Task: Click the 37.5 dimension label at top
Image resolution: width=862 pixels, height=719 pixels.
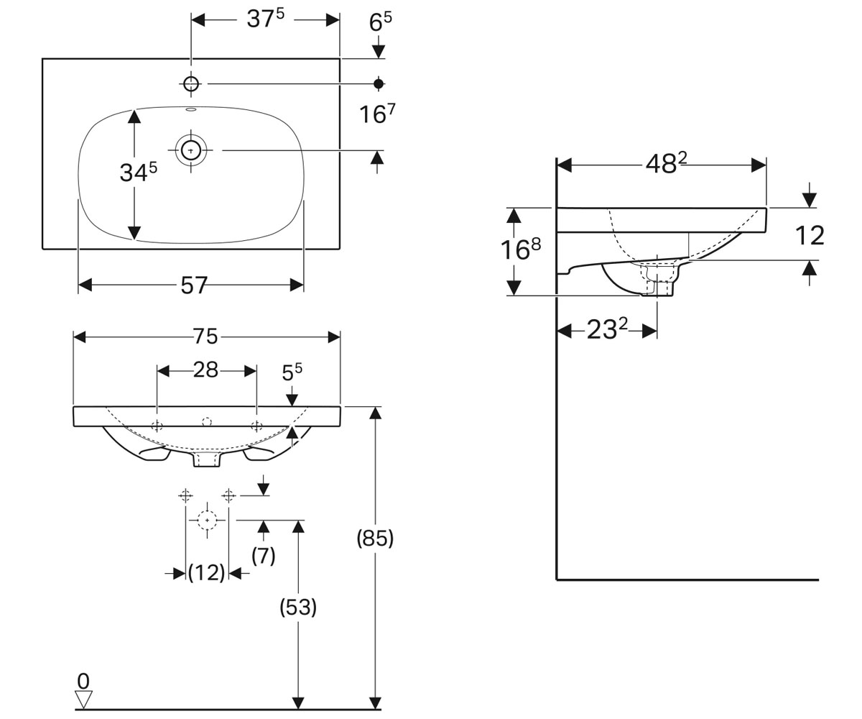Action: pos(266,19)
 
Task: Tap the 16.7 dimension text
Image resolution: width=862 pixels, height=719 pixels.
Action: pos(377,114)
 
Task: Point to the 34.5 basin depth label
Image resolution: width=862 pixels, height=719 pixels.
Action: pos(139,172)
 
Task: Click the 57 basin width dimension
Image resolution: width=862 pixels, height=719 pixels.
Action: pos(194,285)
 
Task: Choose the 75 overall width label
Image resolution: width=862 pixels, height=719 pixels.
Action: pos(205,336)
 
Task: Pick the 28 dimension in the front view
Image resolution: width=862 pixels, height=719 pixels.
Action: pos(205,370)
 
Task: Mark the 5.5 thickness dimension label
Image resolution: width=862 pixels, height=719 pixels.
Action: pos(292,372)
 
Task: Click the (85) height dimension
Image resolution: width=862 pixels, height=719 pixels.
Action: pos(375,539)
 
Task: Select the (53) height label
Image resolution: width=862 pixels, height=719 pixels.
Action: pos(298,608)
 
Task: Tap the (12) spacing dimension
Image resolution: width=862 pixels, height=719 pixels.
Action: pos(206,573)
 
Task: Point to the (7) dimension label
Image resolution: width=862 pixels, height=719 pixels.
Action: pos(264,555)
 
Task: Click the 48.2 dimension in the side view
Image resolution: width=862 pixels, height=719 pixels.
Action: pos(666,164)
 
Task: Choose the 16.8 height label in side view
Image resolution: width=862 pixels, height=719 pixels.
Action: pos(520,249)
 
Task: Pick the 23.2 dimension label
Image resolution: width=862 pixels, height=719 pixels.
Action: pos(607,329)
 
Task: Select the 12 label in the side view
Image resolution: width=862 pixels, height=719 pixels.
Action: pos(810,236)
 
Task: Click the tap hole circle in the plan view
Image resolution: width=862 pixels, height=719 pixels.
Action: pos(191,84)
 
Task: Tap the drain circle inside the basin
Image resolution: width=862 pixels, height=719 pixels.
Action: pos(191,150)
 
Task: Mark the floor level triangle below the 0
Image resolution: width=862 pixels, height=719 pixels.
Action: pos(83,699)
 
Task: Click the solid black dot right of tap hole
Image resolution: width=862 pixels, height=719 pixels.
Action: pos(379,84)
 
